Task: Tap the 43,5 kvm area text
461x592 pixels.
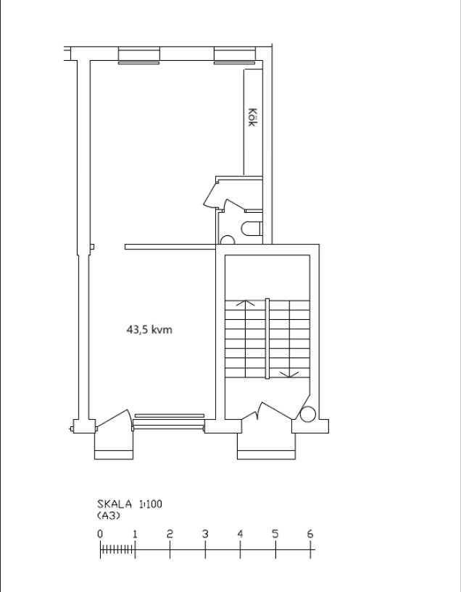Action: [149, 329]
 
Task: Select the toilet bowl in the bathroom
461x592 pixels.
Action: [252, 229]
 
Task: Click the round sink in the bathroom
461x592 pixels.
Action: [227, 240]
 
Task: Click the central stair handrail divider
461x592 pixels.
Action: [267, 338]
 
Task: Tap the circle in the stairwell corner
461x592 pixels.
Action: [307, 414]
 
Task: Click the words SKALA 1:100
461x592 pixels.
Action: [130, 504]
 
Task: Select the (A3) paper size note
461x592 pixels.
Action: [109, 516]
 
